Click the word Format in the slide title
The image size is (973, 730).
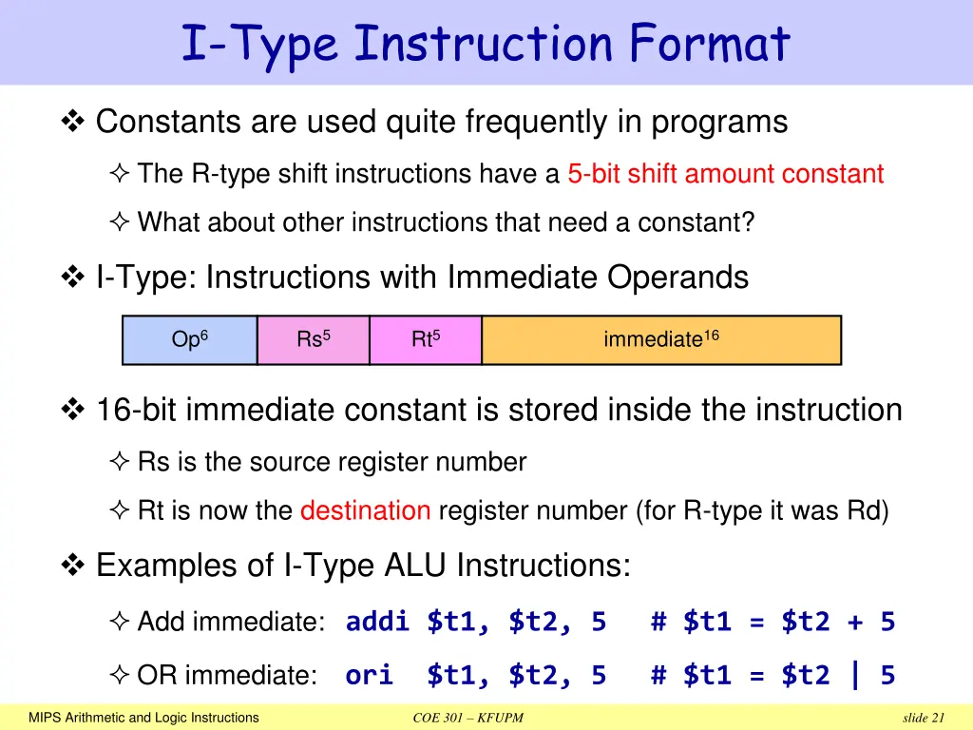point(708,44)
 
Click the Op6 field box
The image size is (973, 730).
point(190,340)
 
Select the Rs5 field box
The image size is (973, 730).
point(314,340)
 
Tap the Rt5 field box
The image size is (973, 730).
point(426,340)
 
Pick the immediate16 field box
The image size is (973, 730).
point(661,340)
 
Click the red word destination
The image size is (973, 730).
point(365,511)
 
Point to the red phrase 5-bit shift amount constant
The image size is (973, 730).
point(725,174)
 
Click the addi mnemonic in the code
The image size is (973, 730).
point(378,622)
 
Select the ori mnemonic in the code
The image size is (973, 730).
point(369,676)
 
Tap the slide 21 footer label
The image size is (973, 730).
point(925,718)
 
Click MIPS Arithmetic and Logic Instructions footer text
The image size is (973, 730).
point(143,718)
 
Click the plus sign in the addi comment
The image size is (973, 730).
point(855,623)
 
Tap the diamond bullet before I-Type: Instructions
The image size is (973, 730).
point(73,278)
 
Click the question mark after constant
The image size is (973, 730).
point(749,222)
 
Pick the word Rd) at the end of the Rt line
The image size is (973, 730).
point(868,511)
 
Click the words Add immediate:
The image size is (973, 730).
point(231,623)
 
